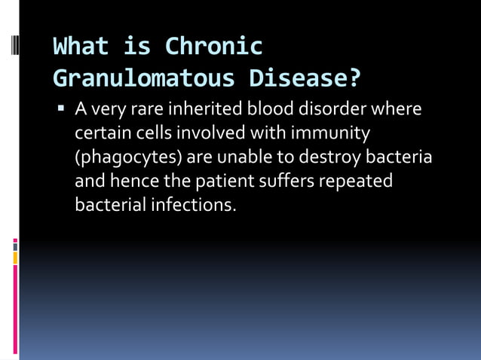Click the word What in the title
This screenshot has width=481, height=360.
pos(81,47)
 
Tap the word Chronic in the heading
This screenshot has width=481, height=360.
pos(213,47)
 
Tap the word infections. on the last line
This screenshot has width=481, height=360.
pos(193,205)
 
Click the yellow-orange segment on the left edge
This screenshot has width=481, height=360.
pos(15,258)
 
